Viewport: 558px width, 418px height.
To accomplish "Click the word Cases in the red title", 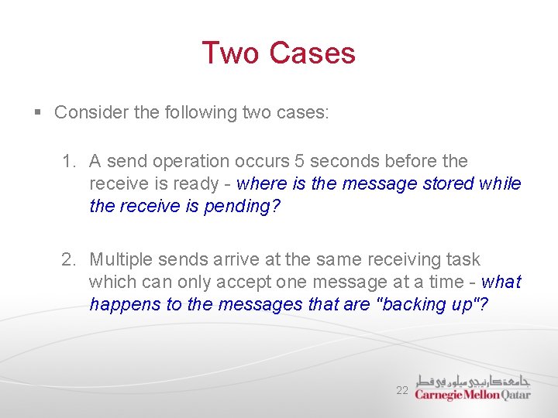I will tap(312, 53).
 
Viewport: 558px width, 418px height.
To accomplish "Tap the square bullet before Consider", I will tap(38, 113).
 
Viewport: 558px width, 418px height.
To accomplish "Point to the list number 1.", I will tap(69, 162).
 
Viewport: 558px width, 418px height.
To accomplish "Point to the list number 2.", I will tap(69, 259).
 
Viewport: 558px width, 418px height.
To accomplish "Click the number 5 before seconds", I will tap(299, 161).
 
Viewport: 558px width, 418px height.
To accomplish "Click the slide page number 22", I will tap(401, 390).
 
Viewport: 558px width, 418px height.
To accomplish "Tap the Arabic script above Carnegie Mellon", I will tap(474, 381).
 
